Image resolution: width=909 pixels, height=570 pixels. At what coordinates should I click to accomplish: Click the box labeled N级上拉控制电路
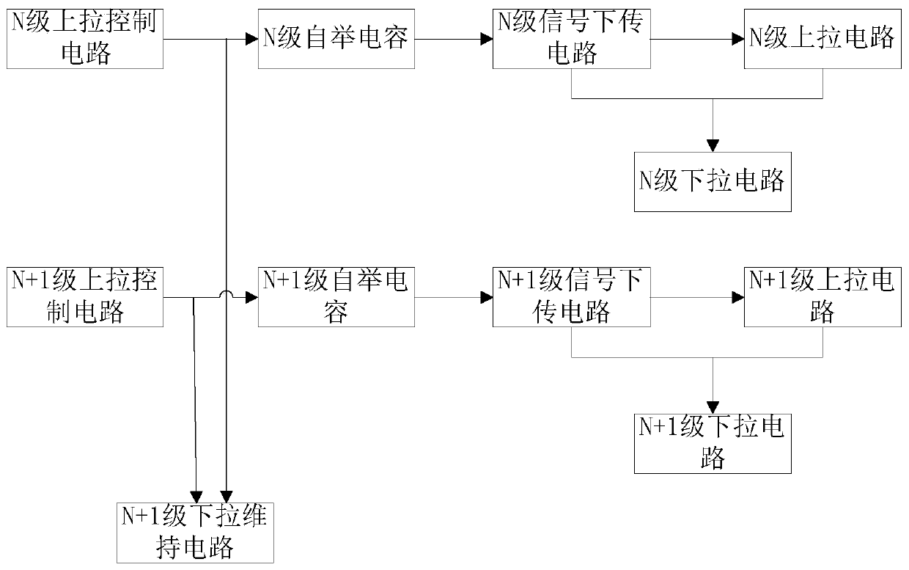85,39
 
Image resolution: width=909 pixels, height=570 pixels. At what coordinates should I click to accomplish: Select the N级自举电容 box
336,39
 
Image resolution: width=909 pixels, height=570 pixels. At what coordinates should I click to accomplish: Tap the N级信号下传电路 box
571,39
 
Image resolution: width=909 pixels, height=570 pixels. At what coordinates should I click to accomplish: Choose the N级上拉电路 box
822,39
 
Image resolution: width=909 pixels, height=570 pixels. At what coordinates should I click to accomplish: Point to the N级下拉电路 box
713,182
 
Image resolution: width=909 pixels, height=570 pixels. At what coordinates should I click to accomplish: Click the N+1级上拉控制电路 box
85,297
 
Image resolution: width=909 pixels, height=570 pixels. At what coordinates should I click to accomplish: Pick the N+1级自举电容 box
336,297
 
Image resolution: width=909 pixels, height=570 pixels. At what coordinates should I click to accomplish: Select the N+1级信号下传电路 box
571,297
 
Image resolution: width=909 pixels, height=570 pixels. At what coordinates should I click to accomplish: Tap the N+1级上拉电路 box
822,297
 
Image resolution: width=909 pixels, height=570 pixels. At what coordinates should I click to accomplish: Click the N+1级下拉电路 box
713,444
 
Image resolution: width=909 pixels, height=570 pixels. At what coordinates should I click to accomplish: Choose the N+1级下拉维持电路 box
195,533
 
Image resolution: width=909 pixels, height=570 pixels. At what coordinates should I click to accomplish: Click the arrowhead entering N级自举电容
252,40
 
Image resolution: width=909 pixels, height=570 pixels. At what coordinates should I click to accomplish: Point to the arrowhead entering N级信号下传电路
487,40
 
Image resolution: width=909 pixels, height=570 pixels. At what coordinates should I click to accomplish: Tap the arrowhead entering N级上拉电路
738,40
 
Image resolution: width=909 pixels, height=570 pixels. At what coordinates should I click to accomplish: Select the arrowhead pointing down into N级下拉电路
713,146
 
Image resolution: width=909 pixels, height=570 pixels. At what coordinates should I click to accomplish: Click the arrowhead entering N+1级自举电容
252,298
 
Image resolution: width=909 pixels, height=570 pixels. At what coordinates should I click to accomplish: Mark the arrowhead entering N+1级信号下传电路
487,298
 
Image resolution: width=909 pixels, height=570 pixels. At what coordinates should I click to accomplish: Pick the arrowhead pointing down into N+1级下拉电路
713,408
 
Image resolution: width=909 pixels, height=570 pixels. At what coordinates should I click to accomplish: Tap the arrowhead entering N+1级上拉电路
738,298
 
